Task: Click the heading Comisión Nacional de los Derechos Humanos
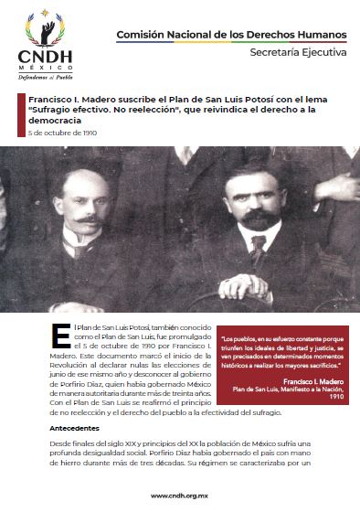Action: pos(231,34)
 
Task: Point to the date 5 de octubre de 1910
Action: pos(62,133)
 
